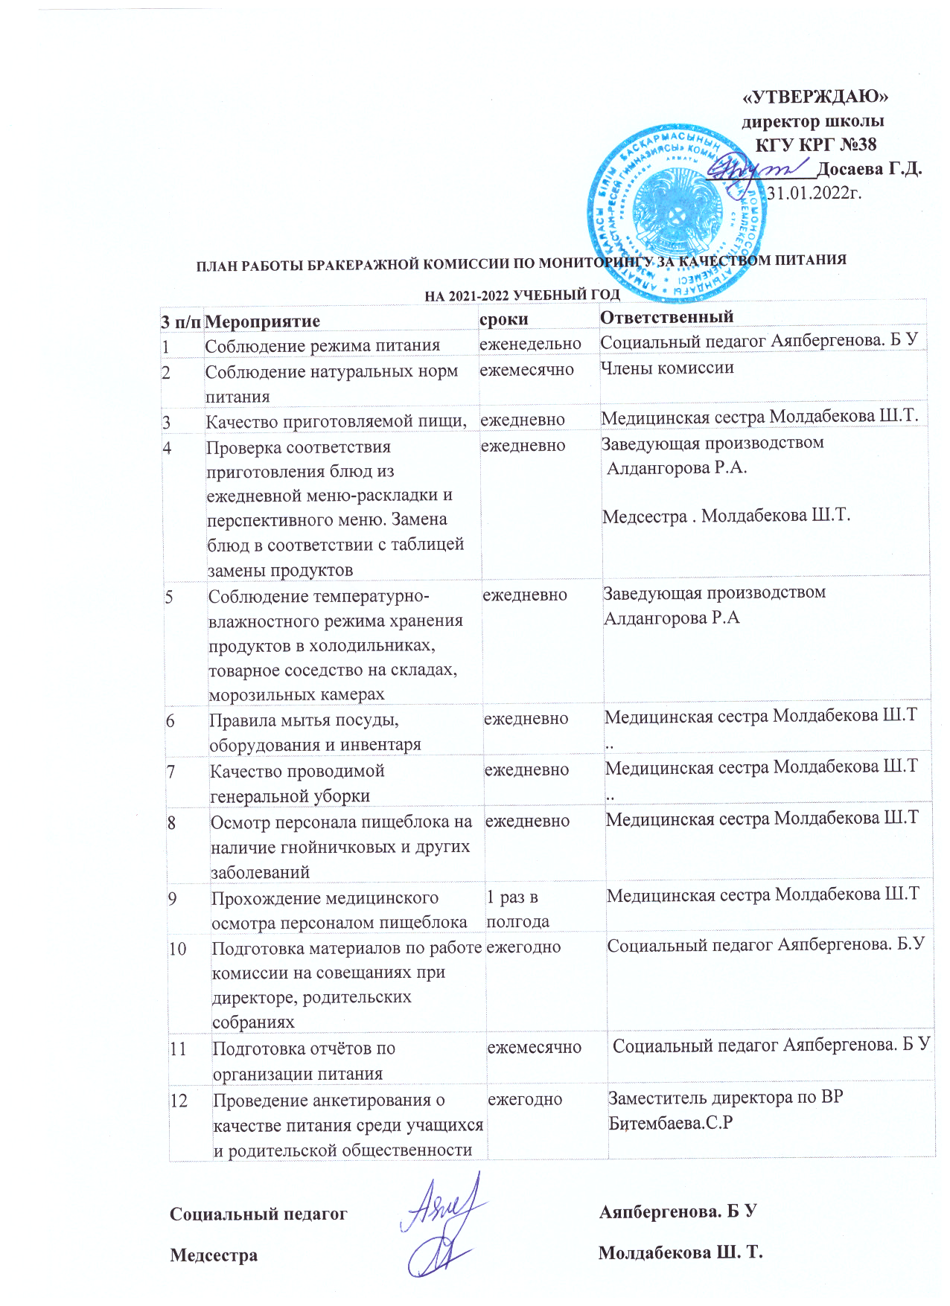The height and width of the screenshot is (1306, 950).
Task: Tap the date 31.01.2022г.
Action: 814,193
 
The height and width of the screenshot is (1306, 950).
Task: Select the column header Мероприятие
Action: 262,321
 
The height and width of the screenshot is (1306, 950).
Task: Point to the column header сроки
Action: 504,319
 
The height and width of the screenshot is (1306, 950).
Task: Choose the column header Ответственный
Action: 666,316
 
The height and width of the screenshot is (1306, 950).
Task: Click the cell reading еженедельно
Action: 530,344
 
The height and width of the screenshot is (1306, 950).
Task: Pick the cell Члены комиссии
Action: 667,368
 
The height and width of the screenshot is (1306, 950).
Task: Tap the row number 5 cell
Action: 169,596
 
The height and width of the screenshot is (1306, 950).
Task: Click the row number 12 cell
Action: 179,1100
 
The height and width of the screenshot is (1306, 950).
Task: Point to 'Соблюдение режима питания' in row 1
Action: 322,346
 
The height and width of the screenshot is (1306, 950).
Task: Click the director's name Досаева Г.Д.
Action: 869,169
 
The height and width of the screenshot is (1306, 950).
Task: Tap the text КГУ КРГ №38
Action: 816,144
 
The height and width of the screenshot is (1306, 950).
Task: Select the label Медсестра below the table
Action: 214,1255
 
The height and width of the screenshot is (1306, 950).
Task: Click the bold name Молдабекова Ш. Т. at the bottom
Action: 680,1252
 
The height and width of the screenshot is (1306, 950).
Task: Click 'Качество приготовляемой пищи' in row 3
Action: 336,421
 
